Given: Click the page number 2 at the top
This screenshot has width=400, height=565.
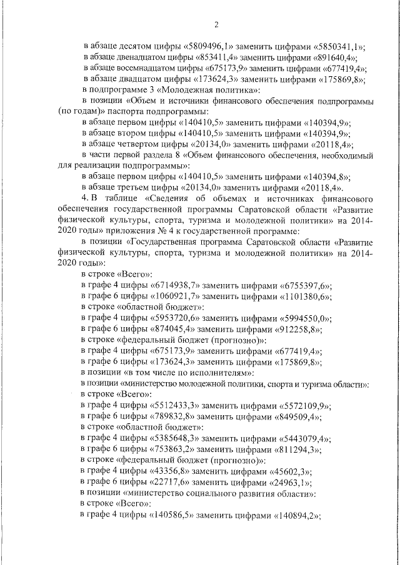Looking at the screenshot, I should [216, 25].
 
